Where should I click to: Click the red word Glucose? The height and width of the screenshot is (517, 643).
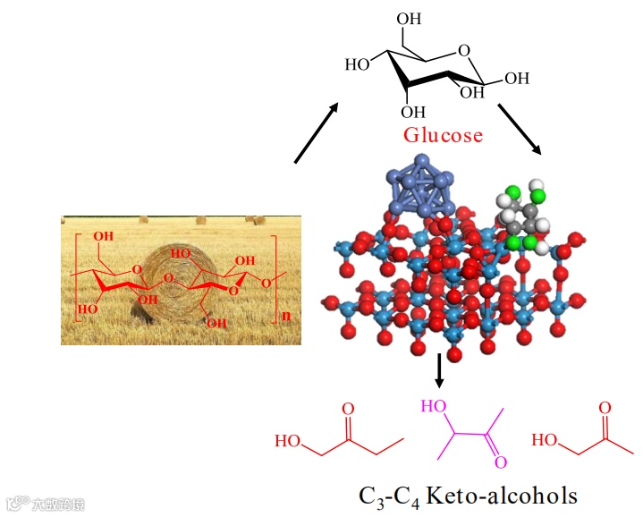[443, 136]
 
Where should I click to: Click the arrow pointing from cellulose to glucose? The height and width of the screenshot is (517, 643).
[317, 133]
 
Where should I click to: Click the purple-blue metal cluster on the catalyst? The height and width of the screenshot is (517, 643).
[419, 186]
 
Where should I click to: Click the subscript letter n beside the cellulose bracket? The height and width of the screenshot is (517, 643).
[285, 316]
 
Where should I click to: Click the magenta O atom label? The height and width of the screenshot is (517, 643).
[501, 462]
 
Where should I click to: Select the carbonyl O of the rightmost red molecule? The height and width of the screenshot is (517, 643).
[605, 409]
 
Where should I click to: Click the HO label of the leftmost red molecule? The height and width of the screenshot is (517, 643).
[288, 441]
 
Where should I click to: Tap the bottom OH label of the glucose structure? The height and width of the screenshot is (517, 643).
[413, 112]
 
